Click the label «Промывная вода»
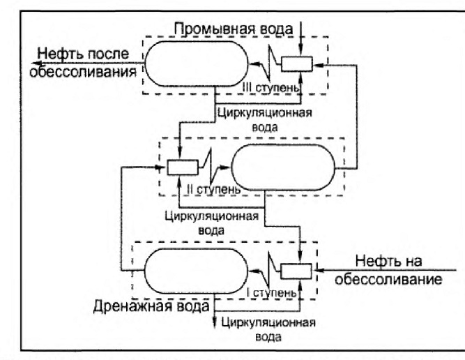234,29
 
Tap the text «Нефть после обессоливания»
84,63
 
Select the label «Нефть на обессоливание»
388,270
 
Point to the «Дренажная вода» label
151,306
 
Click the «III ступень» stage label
271,88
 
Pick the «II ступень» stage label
213,189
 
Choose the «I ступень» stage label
272,293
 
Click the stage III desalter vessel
197,63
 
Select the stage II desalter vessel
283,167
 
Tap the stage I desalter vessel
196,271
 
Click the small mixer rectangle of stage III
297,64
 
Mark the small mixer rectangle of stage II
183,167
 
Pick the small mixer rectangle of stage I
296,271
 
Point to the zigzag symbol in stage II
211,167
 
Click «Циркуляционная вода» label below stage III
265,120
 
